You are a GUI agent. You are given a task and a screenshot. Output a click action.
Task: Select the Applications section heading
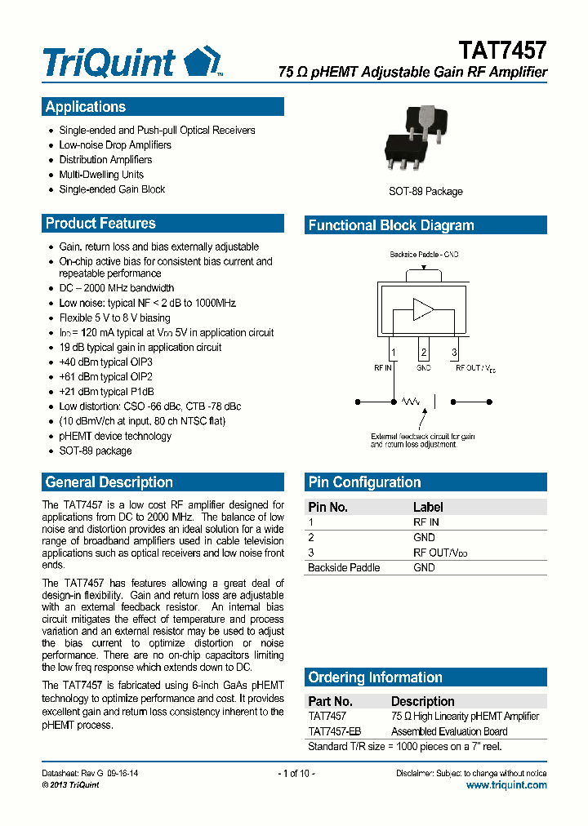point(86,107)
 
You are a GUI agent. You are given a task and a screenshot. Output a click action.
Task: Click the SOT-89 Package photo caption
point(425,192)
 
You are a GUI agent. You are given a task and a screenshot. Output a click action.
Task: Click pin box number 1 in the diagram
point(394,353)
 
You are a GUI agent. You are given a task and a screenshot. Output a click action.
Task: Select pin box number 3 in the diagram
point(454,353)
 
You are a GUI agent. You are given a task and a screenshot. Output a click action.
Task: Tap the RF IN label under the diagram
point(384,369)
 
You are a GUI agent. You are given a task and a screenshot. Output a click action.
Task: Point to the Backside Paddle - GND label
point(424,255)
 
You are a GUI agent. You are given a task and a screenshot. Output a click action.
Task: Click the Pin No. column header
point(327,508)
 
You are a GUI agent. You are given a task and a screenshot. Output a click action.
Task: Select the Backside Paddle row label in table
point(343,568)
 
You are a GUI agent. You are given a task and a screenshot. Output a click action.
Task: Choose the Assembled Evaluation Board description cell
point(449,732)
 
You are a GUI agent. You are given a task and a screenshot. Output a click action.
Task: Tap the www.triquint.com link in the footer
point(506,785)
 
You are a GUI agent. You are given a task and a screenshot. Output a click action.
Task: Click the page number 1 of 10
point(296,773)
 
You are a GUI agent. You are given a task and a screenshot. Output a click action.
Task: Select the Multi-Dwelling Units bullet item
point(101,175)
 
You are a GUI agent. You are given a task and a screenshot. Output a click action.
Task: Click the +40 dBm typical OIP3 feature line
point(106,362)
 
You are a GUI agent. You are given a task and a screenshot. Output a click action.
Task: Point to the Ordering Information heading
point(375,677)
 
